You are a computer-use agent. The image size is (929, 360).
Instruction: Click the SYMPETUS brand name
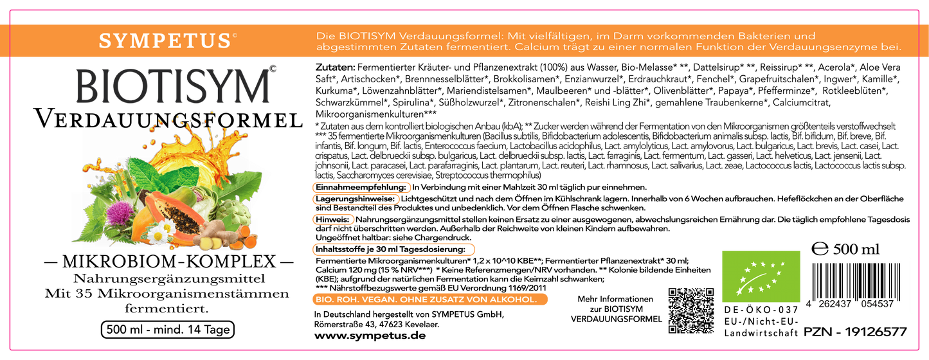pyautogui.click(x=164, y=41)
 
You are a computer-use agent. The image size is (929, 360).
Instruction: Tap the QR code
pyautogui.click(x=691, y=310)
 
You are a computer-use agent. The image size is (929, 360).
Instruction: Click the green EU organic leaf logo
pyautogui.click(x=761, y=276)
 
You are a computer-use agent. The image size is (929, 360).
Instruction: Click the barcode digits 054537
pyautogui.click(x=877, y=304)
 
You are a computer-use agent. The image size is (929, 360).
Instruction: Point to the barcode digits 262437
pyautogui.click(x=834, y=304)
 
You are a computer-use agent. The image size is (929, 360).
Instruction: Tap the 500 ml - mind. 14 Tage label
pyautogui.click(x=167, y=330)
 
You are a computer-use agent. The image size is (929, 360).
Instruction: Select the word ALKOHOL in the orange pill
pyautogui.click(x=513, y=300)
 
